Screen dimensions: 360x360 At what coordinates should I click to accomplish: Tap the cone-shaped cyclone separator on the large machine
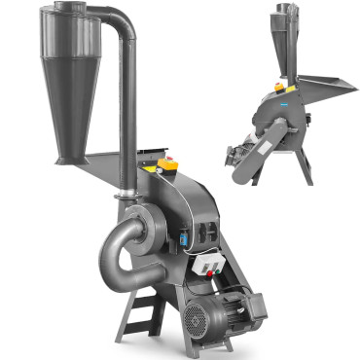(x=72, y=97)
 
